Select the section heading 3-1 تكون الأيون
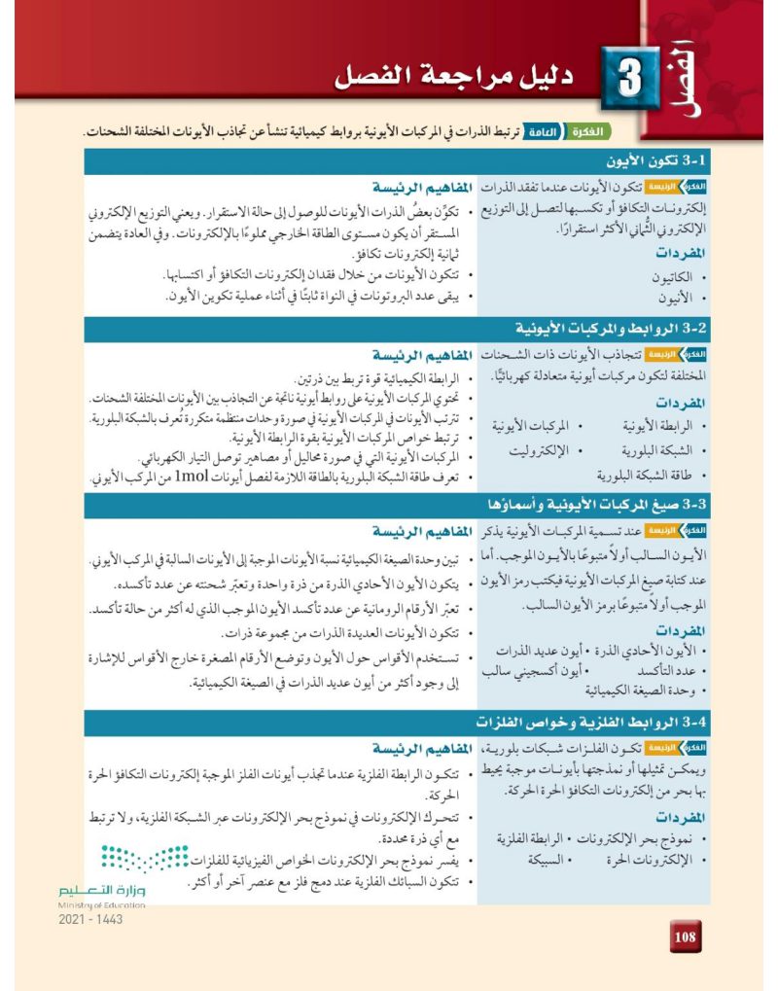[641, 161]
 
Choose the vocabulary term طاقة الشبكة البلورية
[641, 475]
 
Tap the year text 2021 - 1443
[91, 919]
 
